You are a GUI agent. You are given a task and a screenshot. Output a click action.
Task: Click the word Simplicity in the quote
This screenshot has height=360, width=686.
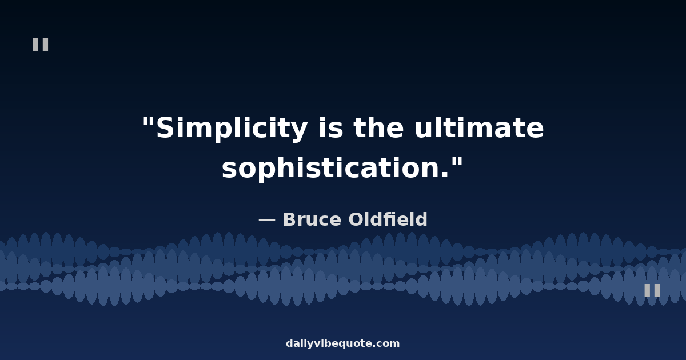point(232,128)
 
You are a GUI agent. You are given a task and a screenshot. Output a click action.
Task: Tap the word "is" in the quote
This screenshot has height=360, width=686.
point(331,127)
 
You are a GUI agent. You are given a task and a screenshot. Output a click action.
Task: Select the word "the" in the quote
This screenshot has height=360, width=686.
point(379,127)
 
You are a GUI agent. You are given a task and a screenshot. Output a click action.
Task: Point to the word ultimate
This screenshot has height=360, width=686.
point(479,127)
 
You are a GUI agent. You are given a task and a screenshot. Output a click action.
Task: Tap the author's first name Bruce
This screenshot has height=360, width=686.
point(312,219)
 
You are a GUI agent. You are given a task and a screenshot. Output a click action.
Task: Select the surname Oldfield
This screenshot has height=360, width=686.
point(388,219)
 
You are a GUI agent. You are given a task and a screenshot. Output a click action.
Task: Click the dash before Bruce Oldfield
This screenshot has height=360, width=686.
point(267,220)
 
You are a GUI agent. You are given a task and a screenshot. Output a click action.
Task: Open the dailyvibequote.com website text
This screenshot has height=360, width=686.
point(342,343)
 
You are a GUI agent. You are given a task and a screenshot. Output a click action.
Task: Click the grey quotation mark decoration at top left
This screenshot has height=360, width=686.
point(41,45)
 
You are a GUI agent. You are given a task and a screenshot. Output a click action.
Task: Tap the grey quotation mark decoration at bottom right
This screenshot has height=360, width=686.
point(652,290)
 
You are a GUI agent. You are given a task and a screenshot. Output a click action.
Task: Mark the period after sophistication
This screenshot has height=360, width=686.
point(445,174)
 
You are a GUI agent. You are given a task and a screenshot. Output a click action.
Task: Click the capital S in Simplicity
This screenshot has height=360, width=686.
point(166,128)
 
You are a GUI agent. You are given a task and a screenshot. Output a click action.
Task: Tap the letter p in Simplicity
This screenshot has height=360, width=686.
point(224,132)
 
